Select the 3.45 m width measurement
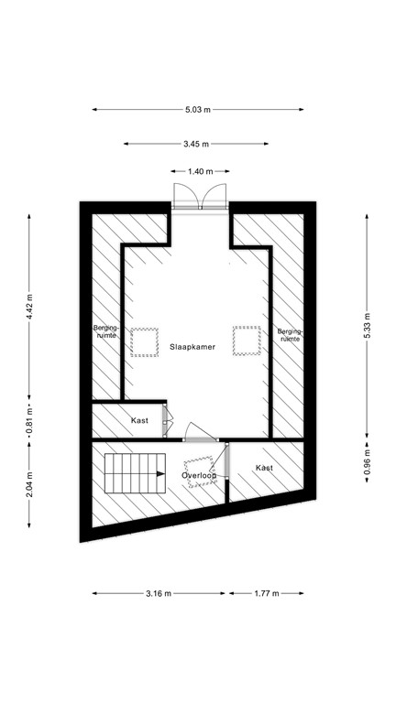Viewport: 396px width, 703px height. tap(196, 144)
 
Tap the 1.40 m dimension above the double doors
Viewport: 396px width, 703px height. tap(197, 172)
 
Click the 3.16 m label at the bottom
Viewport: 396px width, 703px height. tap(159, 593)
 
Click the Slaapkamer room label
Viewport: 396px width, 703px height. tap(192, 347)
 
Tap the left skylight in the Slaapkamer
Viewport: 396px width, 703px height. tap(143, 341)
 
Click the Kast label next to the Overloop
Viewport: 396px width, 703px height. tap(264, 468)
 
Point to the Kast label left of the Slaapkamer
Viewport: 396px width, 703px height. tap(140, 420)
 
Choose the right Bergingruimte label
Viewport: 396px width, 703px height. tap(290, 334)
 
